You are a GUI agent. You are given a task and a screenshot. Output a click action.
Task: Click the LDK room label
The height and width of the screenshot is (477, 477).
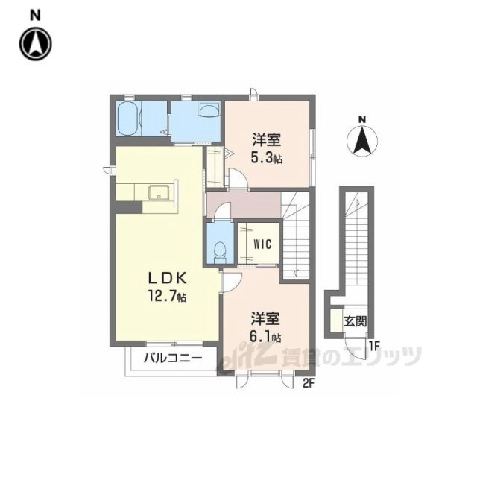[x=167, y=278]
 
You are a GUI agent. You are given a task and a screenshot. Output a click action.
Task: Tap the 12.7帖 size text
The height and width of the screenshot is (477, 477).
[x=167, y=296]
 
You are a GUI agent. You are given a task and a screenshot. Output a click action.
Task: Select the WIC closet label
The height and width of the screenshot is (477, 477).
[x=262, y=244]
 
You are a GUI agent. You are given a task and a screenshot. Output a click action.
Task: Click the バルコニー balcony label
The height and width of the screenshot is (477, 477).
[x=173, y=358]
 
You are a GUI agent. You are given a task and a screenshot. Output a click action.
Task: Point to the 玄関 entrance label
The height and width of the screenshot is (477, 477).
[x=355, y=321]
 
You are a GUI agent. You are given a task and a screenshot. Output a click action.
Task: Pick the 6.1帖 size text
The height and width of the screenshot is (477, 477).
[x=265, y=336]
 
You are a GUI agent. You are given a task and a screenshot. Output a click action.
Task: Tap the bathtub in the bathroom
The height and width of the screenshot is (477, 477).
[x=128, y=118]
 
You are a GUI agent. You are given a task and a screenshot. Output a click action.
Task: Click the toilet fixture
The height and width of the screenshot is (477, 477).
[x=220, y=253]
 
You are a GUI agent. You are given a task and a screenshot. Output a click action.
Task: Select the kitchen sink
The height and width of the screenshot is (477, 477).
[x=159, y=192]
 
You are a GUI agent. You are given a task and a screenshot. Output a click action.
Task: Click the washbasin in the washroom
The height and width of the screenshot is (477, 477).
[x=209, y=109]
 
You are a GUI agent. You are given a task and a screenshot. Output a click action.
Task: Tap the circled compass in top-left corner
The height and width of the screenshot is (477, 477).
[x=36, y=44]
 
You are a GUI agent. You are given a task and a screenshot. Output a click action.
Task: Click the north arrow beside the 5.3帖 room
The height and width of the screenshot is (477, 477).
[x=362, y=139]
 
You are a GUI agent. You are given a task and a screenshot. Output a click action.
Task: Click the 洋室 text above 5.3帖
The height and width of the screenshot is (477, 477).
[x=266, y=140]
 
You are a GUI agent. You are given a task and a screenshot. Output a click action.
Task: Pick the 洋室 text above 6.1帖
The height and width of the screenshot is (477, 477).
[x=265, y=318]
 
